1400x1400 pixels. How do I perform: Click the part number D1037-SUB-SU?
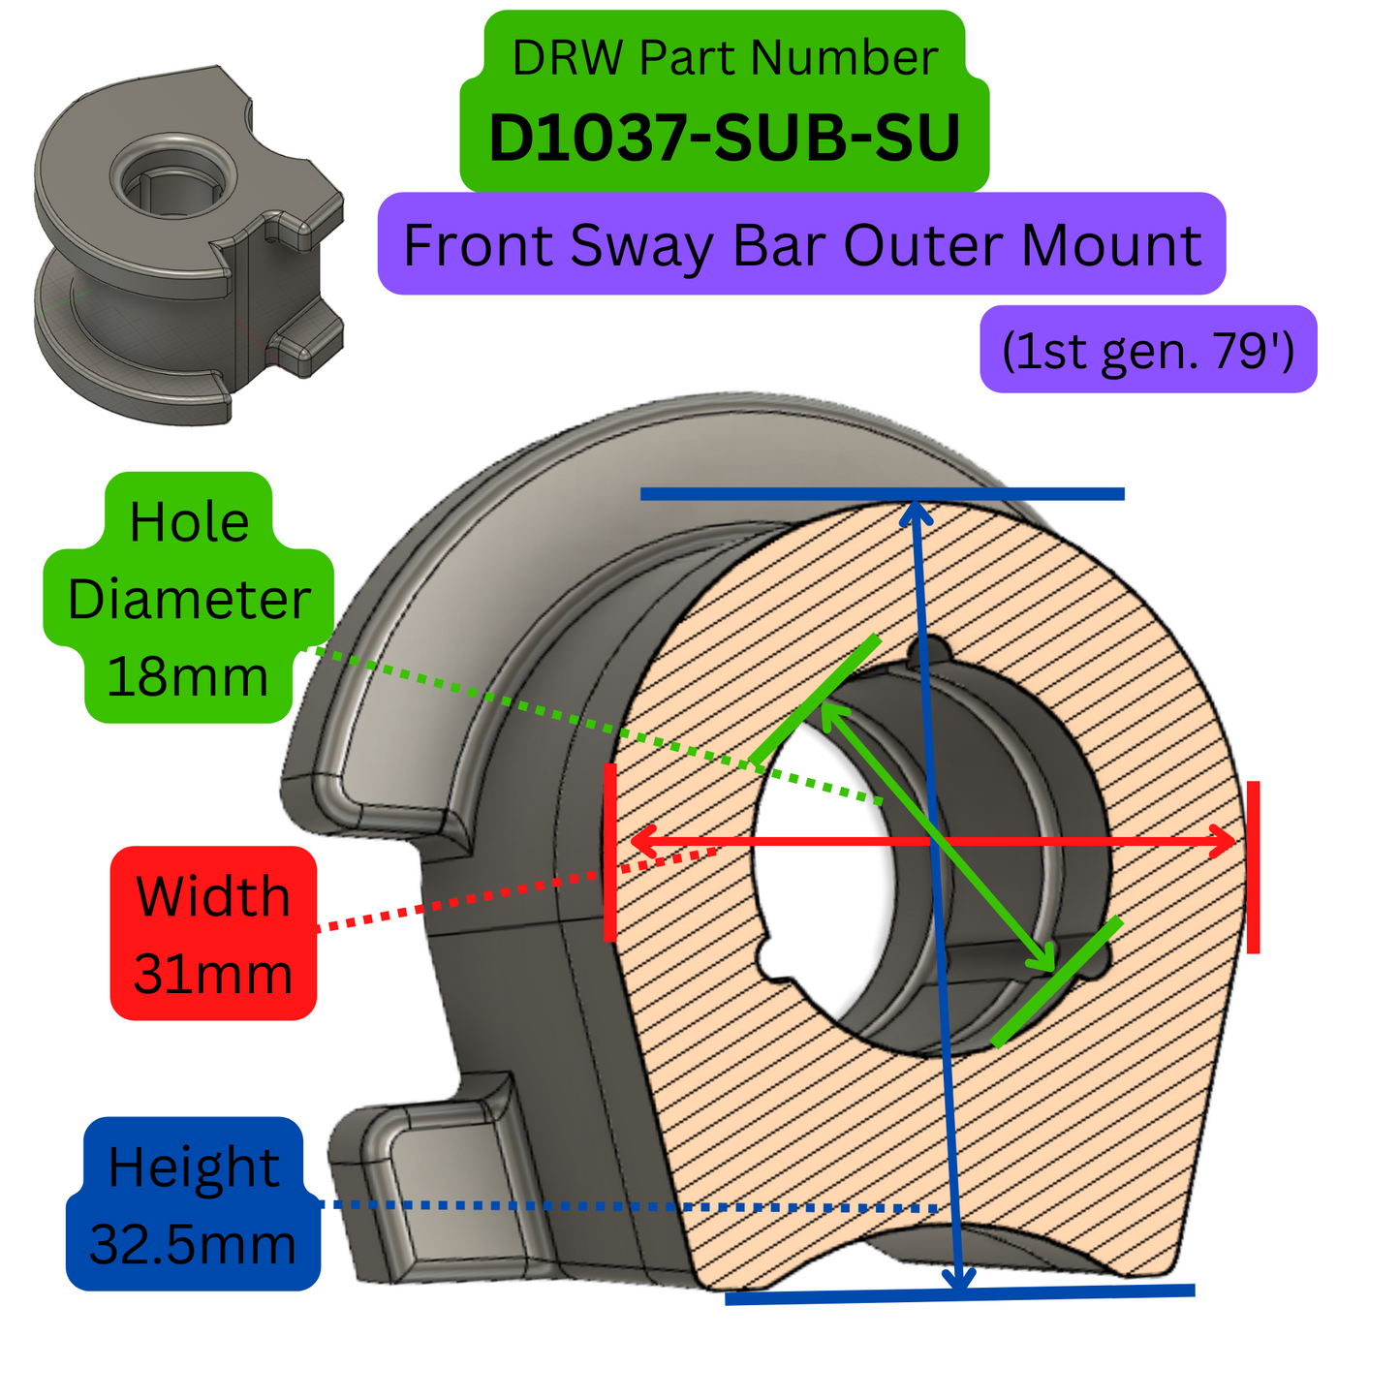coord(724,138)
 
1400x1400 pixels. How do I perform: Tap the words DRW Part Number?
coord(724,58)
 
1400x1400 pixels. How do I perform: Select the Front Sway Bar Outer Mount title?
coord(801,244)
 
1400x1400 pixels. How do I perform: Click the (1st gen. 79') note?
coord(1148,350)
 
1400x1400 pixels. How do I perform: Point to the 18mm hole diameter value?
coord(187,676)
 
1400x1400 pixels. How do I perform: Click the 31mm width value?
coord(213,974)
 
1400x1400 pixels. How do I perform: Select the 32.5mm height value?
coord(193,1244)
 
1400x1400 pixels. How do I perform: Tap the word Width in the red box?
coord(213,896)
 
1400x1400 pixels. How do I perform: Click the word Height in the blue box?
coord(194,1167)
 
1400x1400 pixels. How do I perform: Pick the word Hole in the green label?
coord(189,522)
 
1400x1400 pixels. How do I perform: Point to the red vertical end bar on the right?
coord(1253,867)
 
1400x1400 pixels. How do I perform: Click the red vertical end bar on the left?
coord(610,853)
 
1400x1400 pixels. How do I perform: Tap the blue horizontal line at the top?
coord(882,494)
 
